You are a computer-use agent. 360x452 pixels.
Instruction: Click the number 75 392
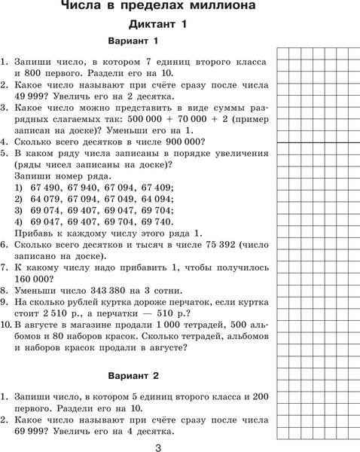(208, 244)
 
